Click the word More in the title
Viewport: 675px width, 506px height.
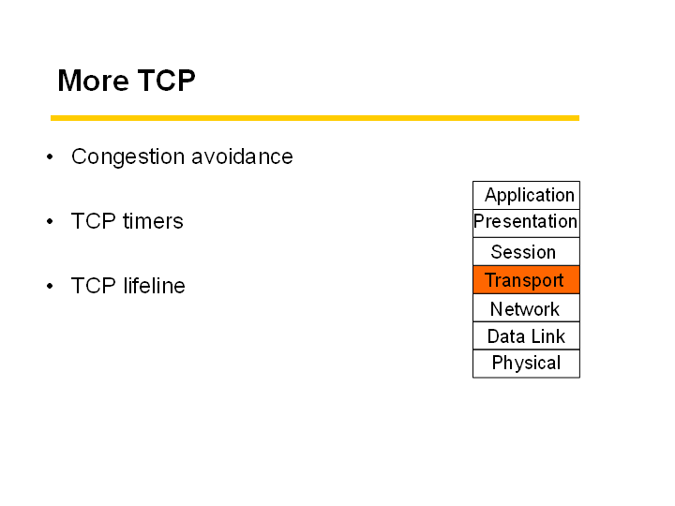coord(94,81)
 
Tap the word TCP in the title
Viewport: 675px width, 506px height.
coord(167,81)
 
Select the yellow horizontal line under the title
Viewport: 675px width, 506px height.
coord(315,118)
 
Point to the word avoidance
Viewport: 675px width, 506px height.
coord(242,156)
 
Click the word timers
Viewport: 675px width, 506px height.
coord(153,221)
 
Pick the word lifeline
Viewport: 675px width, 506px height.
coord(154,285)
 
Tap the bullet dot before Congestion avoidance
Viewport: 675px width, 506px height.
coord(50,156)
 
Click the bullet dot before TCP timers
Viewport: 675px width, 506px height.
coord(50,221)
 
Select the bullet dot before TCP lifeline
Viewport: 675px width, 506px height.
coord(50,286)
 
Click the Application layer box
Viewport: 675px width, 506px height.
coord(526,195)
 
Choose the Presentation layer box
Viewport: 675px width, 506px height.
coord(526,223)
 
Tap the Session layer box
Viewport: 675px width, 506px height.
coord(526,252)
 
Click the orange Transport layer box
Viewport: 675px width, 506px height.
coord(526,279)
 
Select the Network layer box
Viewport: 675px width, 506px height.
coord(526,307)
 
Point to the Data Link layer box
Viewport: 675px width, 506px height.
coord(526,335)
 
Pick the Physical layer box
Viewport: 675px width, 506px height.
coord(526,364)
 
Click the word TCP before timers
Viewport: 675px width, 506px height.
coord(94,221)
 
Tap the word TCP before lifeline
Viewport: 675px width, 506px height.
coord(94,286)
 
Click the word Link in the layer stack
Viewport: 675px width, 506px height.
coord(547,336)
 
